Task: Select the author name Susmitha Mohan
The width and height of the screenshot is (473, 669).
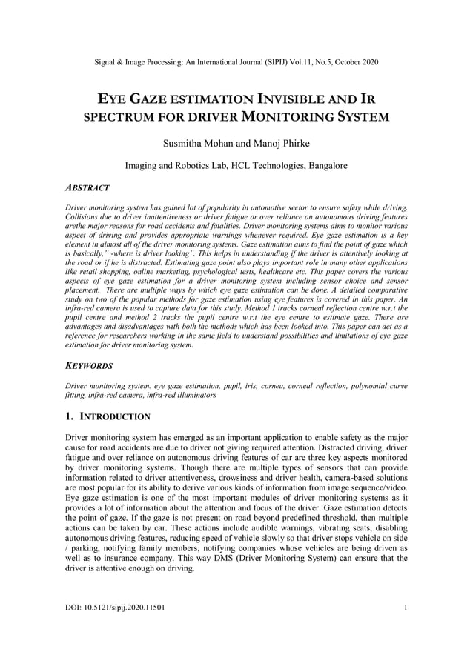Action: click(196, 142)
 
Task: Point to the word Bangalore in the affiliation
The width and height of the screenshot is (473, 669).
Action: click(322, 166)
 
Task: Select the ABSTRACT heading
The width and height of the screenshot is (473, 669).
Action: click(88, 188)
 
